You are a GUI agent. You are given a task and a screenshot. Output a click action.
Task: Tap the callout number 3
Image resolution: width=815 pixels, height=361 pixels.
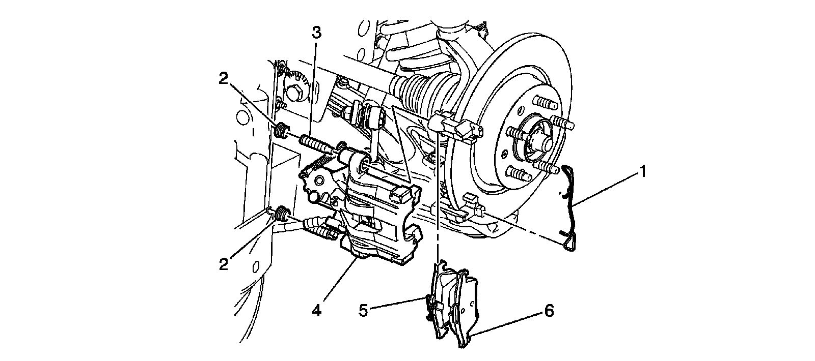tap(316, 34)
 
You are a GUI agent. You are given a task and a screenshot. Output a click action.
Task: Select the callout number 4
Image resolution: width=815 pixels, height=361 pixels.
tap(316, 310)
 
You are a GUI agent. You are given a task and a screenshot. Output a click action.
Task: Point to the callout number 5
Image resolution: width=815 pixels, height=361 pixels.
tap(363, 310)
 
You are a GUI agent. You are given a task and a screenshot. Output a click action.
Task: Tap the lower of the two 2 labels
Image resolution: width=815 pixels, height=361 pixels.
tap(224, 264)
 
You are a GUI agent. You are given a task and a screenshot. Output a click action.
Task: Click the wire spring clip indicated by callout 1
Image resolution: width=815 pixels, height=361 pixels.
tap(570, 208)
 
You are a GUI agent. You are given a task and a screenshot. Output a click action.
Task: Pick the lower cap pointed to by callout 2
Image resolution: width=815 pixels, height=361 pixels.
tap(281, 214)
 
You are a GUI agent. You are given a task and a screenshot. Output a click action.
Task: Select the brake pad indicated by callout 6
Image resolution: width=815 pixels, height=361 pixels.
tap(466, 310)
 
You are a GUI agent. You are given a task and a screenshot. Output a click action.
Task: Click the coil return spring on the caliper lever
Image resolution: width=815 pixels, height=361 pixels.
tap(317, 164)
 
